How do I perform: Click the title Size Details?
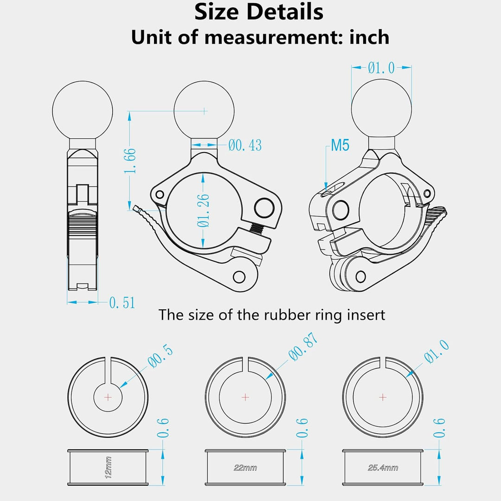pos(259,12)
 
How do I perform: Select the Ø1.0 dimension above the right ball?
pos(381,68)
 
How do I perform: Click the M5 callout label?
pos(340,146)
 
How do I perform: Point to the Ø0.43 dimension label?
pos(245,146)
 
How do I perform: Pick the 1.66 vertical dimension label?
pos(131,161)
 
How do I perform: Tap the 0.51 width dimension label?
pos(122,303)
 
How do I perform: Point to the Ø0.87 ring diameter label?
pos(304,347)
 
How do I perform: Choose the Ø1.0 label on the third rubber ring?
pos(437,353)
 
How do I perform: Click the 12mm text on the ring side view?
pos(108,467)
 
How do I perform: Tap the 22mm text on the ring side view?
pos(245,468)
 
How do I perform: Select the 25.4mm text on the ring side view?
pos(383,468)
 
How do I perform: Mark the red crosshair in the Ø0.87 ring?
pos(245,397)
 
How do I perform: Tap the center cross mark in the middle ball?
pos(204,111)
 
